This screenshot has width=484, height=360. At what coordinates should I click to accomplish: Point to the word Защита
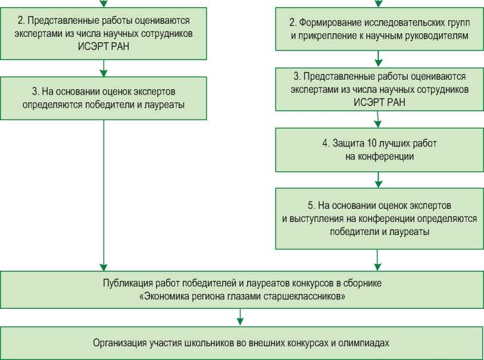pos(345,145)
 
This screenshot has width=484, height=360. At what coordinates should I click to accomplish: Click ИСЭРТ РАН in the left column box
pos(104,46)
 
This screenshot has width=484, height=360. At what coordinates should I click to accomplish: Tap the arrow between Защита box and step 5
pos(378,179)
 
